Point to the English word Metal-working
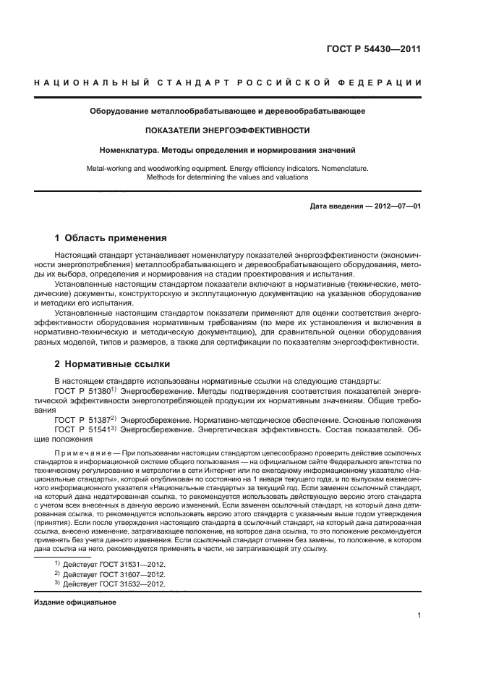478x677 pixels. [x=108, y=168]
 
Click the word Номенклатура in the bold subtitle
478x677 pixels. [x=128, y=150]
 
